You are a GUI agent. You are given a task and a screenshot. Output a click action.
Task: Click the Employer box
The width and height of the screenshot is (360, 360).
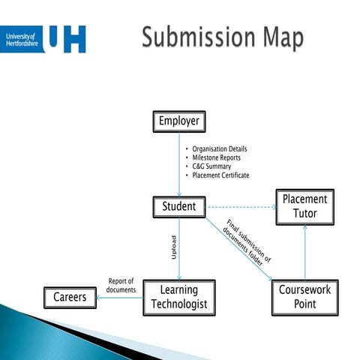click(x=178, y=121)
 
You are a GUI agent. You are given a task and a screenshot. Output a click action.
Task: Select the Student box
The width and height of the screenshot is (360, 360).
click(x=178, y=206)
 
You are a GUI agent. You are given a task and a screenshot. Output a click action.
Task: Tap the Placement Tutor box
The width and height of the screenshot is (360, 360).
click(x=304, y=206)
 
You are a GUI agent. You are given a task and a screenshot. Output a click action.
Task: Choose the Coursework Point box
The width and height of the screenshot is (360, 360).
click(x=304, y=296)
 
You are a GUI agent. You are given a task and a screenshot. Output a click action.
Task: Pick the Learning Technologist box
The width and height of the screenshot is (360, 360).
click(x=178, y=297)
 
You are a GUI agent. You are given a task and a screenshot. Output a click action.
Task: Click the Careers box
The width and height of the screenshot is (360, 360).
click(x=70, y=297)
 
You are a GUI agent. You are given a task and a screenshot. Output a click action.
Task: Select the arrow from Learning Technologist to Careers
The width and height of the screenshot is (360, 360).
click(x=120, y=297)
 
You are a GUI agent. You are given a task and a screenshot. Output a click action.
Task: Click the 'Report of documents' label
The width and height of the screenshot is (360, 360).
click(x=121, y=285)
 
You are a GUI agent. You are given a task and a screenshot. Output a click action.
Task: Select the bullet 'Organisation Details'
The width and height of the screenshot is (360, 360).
click(x=219, y=149)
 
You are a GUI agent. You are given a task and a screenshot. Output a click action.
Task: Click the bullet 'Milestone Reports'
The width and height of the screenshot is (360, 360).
click(x=216, y=157)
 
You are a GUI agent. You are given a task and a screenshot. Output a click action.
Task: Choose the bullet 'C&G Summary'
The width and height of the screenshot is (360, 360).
click(x=211, y=166)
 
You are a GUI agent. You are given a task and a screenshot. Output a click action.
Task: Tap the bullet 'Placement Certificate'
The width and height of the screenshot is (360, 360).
click(x=220, y=175)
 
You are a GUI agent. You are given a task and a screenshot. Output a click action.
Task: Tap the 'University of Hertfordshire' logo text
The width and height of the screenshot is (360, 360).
click(x=22, y=39)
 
